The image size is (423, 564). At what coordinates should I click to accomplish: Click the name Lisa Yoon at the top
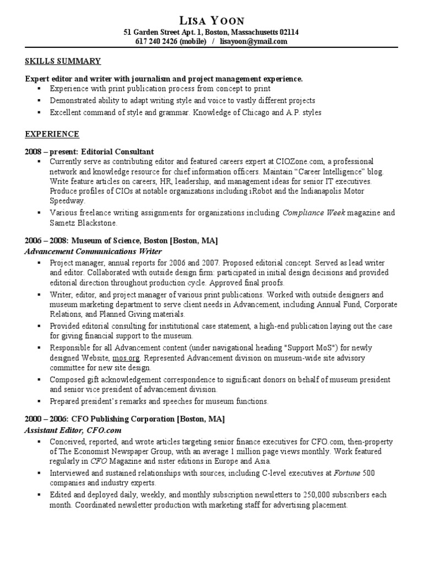click(x=211, y=21)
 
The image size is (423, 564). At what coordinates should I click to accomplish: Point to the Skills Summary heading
click(x=63, y=61)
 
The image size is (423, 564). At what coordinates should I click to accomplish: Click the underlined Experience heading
click(x=52, y=134)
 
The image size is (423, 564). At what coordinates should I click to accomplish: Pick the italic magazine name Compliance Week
click(x=313, y=213)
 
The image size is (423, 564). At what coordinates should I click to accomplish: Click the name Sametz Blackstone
click(x=84, y=223)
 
